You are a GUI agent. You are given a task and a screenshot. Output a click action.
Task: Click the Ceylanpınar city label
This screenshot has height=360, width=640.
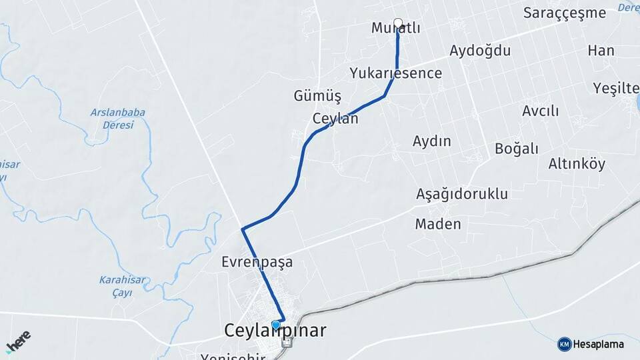coord(275,331)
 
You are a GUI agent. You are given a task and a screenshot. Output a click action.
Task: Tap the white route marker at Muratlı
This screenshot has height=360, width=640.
coord(398,23)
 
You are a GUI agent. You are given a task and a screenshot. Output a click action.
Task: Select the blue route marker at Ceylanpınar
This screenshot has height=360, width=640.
coord(276,325)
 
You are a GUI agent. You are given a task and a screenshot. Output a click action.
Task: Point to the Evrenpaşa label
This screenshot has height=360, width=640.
coord(257,262)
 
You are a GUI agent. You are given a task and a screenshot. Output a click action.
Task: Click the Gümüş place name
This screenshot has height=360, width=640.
coord(317,96)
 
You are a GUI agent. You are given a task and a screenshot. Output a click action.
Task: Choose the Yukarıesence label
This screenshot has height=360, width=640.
coord(395,73)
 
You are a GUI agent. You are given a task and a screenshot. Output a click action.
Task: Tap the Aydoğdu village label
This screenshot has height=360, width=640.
coord(479,51)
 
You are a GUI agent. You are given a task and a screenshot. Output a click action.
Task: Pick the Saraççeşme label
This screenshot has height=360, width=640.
coord(564,13)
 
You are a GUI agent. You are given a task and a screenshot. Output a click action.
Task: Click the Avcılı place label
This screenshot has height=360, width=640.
coord(540,111)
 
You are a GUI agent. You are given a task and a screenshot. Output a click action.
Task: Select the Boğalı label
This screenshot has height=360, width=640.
coord(516,149)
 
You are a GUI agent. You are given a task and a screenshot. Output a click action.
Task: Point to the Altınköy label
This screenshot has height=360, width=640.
coord(577,163)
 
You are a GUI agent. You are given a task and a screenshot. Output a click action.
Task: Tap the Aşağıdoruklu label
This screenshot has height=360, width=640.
coord(461,194)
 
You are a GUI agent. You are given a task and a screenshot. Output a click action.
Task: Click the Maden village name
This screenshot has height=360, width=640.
coord(437,223)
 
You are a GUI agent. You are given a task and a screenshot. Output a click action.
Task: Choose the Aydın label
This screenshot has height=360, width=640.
coord(431,141)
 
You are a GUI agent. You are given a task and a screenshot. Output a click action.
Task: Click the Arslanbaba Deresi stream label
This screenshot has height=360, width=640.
coord(117,119)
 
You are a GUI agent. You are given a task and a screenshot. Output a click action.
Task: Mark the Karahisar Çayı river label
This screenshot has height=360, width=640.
coord(118,285)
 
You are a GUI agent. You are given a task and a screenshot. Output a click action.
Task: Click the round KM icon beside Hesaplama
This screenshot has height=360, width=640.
coord(564,344)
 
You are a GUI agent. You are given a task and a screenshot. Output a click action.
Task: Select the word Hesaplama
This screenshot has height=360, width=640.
coord(598,344)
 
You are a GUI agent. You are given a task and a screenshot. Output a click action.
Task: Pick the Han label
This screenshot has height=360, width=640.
coord(601,51)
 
